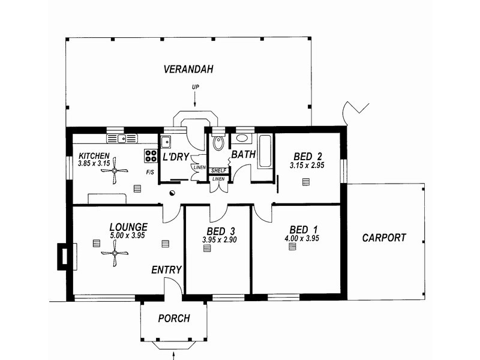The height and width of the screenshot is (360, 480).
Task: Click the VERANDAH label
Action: pyautogui.click(x=188, y=69)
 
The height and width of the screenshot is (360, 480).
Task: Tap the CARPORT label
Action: pyautogui.click(x=384, y=238)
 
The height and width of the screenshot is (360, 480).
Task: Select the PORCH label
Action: pyautogui.click(x=174, y=319)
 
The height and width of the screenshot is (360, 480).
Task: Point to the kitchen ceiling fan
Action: pyautogui.click(x=115, y=171)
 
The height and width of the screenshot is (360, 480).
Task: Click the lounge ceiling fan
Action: pyautogui.click(x=115, y=253)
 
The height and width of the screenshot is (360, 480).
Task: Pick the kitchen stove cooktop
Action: pyautogui.click(x=151, y=156)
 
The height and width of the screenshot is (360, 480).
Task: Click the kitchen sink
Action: pyautogui.click(x=122, y=139)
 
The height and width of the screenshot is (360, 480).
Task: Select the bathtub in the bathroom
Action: pyautogui.click(x=265, y=151)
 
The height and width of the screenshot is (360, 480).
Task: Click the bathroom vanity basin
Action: pyautogui.click(x=242, y=138)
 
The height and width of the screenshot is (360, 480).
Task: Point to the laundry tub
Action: pyautogui.click(x=166, y=142)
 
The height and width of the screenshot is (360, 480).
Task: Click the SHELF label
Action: pyautogui.click(x=218, y=170)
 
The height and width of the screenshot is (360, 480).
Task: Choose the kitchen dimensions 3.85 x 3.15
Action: pyautogui.click(x=94, y=163)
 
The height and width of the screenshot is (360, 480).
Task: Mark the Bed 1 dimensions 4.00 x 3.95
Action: pyautogui.click(x=302, y=238)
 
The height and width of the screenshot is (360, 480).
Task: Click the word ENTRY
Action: pyautogui.click(x=167, y=270)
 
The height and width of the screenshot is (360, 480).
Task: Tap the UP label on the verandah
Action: pyautogui.click(x=196, y=87)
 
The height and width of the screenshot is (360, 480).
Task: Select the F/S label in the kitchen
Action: pyautogui.click(x=150, y=173)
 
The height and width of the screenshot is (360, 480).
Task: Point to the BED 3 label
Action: pyautogui.click(x=220, y=231)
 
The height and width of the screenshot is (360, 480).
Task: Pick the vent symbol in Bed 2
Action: pyautogui.click(x=305, y=182)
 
